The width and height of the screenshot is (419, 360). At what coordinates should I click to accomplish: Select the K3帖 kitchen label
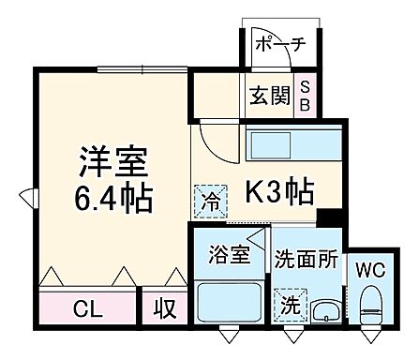tap(278, 192)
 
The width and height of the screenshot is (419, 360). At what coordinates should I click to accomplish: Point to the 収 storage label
tap(163, 307)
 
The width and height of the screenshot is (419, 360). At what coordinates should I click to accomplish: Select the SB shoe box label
tap(305, 97)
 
